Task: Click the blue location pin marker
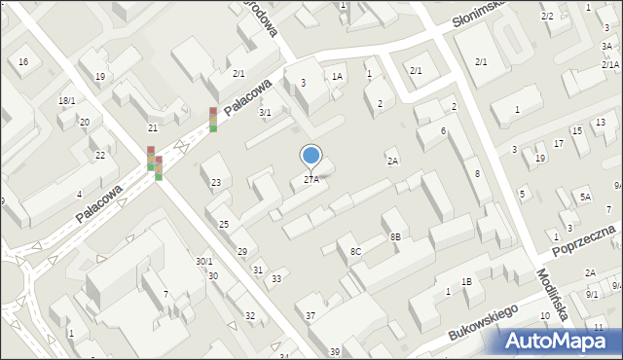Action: [311, 156]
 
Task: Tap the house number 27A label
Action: [311, 179]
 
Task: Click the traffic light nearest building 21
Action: [151, 158]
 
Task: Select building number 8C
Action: [355, 252]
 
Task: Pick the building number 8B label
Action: [395, 236]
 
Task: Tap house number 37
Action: [311, 315]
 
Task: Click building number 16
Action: [22, 62]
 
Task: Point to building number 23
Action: [215, 183]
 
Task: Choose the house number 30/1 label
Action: [203, 261]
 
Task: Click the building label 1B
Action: [466, 282]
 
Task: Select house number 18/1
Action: [66, 101]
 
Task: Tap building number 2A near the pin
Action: [392, 161]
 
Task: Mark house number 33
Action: [276, 279]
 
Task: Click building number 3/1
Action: [264, 113]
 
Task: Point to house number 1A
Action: [337, 76]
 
